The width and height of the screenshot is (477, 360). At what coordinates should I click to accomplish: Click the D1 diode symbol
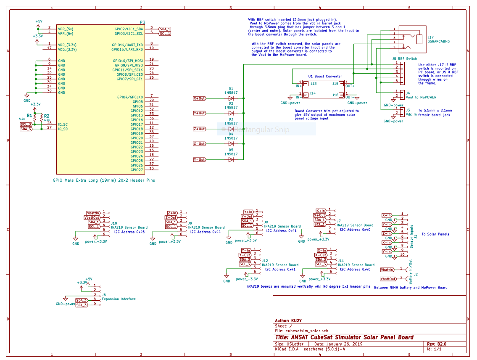pyautogui.click(x=231, y=98)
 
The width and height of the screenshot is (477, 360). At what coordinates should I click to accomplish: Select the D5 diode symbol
pyautogui.click(x=231, y=160)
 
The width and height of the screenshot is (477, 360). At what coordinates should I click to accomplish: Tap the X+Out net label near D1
pyautogui.click(x=200, y=98)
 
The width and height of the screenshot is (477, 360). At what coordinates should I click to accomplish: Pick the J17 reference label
pyautogui.click(x=430, y=37)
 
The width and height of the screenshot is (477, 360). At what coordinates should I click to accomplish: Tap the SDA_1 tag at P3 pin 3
pyautogui.click(x=165, y=29)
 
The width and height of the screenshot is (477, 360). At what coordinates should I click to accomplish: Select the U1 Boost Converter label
pyautogui.click(x=325, y=76)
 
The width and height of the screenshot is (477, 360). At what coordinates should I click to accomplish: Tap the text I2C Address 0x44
pyautogui.click(x=205, y=232)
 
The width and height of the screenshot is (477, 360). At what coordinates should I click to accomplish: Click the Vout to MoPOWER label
pyautogui.click(x=421, y=97)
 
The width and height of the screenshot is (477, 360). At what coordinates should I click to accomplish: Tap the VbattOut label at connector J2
pyautogui.click(x=388, y=279)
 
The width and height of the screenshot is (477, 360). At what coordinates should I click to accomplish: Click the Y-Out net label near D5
pyautogui.click(x=200, y=160)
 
